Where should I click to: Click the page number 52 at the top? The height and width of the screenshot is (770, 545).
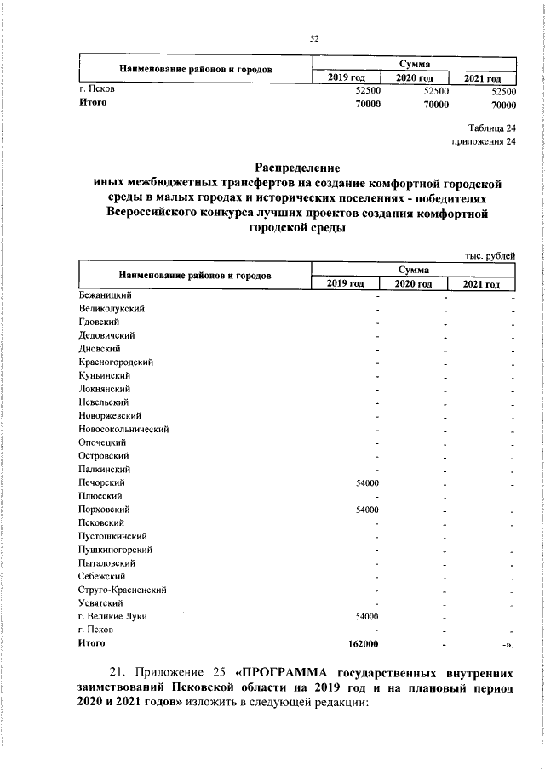[313, 37]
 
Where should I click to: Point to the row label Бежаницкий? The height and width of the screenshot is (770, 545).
[101, 294]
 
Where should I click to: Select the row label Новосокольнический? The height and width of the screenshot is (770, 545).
[123, 429]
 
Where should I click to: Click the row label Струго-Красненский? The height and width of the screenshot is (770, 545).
[122, 590]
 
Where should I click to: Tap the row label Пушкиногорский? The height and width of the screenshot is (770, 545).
[113, 550]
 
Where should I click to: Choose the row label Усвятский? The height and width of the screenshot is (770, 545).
[98, 603]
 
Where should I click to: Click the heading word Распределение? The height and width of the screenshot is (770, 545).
[298, 168]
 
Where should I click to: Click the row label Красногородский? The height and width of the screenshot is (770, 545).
[115, 362]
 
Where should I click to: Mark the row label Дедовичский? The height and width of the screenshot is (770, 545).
[104, 335]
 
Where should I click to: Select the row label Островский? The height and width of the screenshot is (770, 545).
[103, 456]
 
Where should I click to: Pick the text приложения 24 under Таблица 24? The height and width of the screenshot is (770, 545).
[485, 141]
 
